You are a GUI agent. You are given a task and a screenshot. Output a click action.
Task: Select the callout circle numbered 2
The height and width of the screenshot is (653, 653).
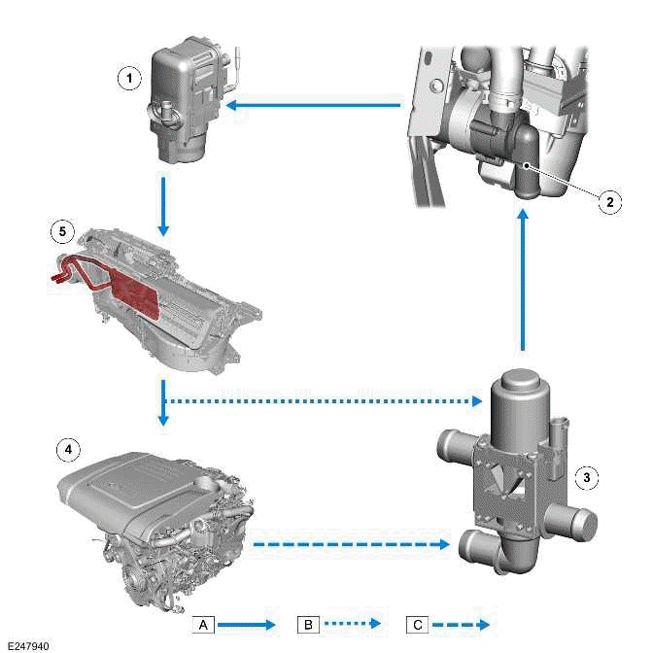coord(608,201)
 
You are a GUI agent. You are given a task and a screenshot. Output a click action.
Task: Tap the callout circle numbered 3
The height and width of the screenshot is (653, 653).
coord(585,477)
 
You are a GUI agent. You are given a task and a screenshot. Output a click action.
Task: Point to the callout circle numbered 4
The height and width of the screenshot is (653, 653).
coord(67,450)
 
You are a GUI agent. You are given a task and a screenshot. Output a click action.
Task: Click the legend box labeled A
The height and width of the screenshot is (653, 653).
coord(204,624)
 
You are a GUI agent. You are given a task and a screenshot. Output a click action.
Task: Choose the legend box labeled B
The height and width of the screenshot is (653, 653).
coord(307,624)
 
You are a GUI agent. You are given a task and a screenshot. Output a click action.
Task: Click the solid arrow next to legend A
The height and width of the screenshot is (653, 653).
coord(251,624)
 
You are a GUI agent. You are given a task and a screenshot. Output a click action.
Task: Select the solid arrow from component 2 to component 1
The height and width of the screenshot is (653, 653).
coord(317,105)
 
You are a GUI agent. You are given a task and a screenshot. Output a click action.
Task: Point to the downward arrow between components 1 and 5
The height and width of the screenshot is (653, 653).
coord(163,206)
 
